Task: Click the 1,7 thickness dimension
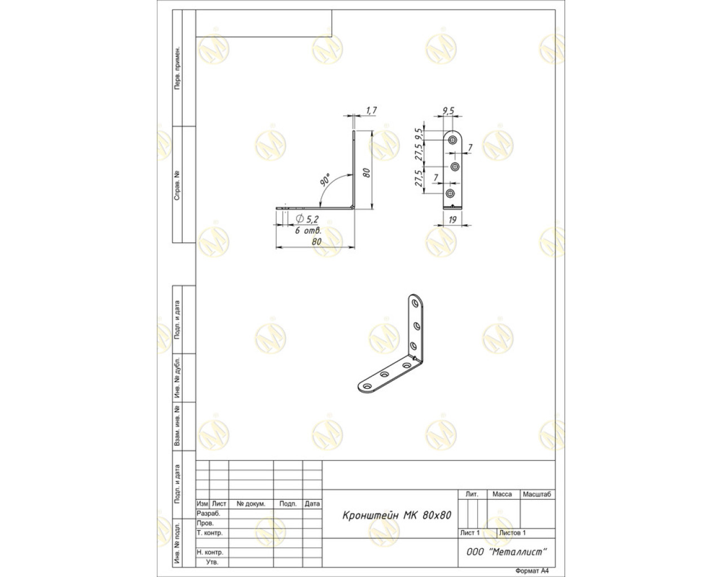click(x=371, y=110)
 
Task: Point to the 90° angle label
click(x=325, y=180)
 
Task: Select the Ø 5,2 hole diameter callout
click(x=307, y=219)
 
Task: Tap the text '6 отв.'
click(x=309, y=230)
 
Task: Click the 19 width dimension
click(x=452, y=220)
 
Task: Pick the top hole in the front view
click(x=452, y=140)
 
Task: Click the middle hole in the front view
click(x=455, y=166)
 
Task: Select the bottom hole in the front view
click(x=450, y=193)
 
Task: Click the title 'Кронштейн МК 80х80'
click(x=397, y=515)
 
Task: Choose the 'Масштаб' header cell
click(x=537, y=494)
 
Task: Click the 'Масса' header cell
click(x=502, y=494)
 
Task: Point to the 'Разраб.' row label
click(x=208, y=513)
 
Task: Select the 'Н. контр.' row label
click(x=210, y=552)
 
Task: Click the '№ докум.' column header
click(x=250, y=504)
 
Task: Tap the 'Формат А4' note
click(x=532, y=571)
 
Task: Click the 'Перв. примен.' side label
click(x=177, y=68)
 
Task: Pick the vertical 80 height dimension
click(x=367, y=172)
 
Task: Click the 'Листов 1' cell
click(x=512, y=532)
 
